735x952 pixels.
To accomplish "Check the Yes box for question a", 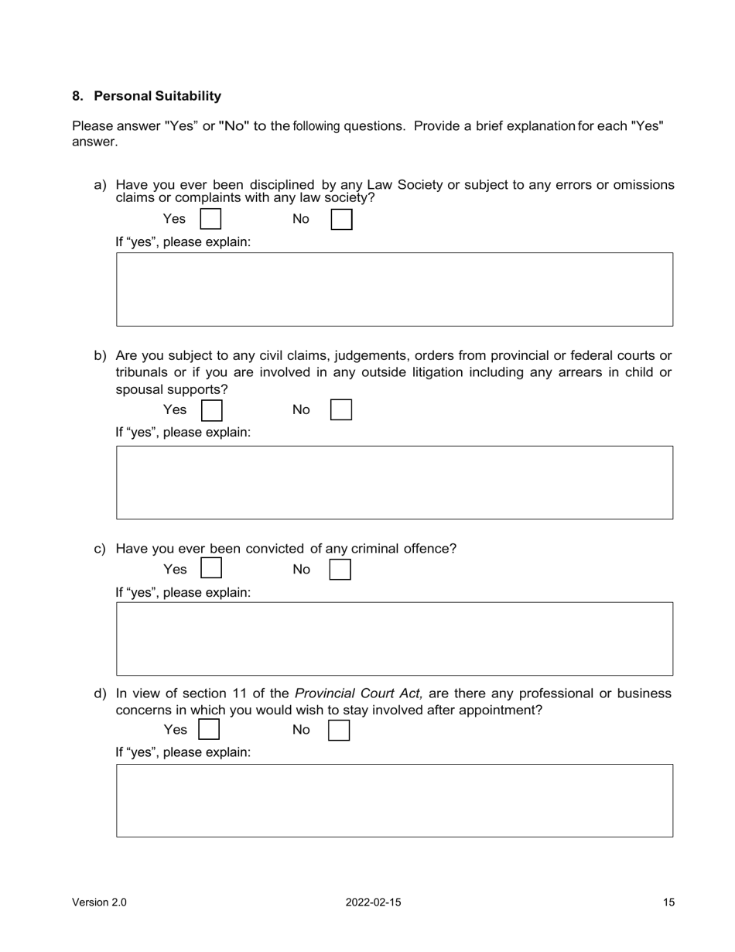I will [x=210, y=219].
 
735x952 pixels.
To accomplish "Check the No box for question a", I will [x=341, y=219].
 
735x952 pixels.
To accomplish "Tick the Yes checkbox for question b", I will [x=211, y=409].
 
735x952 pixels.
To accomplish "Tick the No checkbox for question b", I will [x=341, y=409].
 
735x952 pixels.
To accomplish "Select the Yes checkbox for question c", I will [x=211, y=569].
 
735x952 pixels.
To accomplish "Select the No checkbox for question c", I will [x=340, y=570].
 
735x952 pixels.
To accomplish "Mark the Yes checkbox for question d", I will [x=209, y=730].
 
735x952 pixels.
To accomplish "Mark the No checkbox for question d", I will [x=339, y=730].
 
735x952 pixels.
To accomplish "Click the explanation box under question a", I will [x=395, y=289].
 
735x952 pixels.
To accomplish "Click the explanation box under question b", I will [x=395, y=482].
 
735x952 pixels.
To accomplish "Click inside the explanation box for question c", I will [x=395, y=639].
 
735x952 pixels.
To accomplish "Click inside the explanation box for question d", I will [x=395, y=800].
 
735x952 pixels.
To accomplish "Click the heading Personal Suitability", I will [x=157, y=96].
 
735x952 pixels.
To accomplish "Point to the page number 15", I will [x=668, y=902].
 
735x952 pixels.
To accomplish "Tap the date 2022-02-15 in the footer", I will [x=374, y=902].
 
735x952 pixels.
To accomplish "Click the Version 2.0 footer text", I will [x=99, y=902].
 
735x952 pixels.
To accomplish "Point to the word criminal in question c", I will [x=375, y=549].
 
